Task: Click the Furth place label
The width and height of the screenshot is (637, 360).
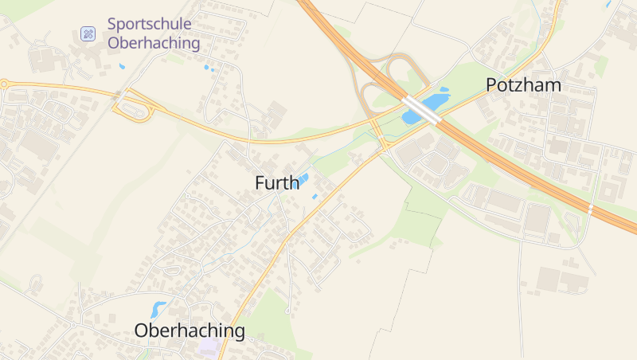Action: click(x=277, y=182)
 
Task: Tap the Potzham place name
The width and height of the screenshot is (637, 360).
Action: click(x=523, y=85)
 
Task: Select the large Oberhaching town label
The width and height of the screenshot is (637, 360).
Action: click(x=190, y=331)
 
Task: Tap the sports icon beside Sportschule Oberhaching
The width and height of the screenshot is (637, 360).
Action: click(x=88, y=33)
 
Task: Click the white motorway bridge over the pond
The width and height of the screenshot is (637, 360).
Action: click(x=422, y=110)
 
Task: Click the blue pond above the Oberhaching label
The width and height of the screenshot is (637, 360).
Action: click(x=158, y=309)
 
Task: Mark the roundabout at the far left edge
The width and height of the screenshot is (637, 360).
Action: click(x=3, y=84)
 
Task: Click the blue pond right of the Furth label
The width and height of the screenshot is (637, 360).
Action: click(x=299, y=182)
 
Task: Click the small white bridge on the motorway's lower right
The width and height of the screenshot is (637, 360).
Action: click(x=590, y=209)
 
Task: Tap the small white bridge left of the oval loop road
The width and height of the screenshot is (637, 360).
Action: click(x=119, y=94)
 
